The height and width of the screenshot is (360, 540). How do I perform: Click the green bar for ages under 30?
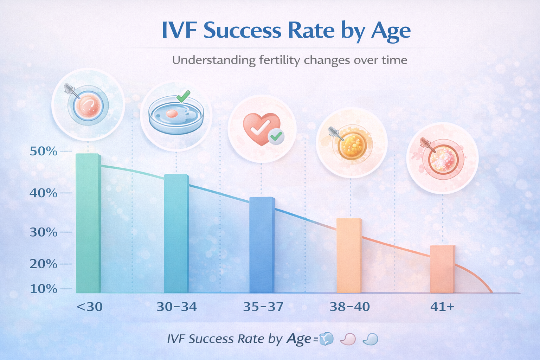(x=88, y=223)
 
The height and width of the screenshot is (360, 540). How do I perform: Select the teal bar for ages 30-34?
(x=176, y=234)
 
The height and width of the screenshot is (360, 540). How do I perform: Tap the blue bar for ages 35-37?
(x=262, y=245)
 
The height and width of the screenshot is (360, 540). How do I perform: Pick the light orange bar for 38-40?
(x=349, y=256)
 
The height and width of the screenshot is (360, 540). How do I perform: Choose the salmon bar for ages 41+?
(x=442, y=269)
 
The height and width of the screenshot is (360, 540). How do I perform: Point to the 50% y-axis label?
(x=44, y=152)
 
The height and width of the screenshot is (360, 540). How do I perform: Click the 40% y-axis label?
(x=44, y=193)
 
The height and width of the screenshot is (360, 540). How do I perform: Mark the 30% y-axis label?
(x=44, y=232)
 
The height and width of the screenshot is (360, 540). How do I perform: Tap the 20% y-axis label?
(x=44, y=264)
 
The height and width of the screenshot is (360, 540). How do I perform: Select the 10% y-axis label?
(x=44, y=289)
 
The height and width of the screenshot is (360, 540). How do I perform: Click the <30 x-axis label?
(x=90, y=307)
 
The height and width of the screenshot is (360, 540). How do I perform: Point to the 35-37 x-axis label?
(x=263, y=307)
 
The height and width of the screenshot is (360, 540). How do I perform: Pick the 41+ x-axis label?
(x=442, y=307)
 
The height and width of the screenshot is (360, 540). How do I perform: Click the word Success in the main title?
(x=242, y=31)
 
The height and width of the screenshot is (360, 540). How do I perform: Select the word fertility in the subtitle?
(x=280, y=60)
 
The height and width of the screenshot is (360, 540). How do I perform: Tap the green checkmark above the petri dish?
(x=183, y=96)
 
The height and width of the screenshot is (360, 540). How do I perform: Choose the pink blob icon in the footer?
(x=348, y=339)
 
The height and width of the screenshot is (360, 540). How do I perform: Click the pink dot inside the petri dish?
(x=172, y=114)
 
